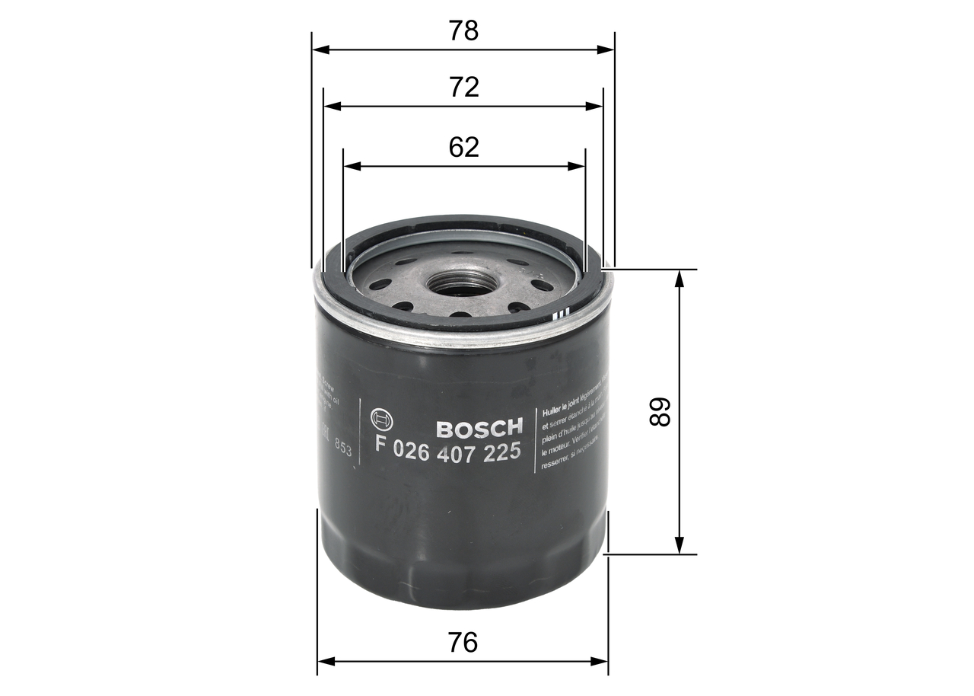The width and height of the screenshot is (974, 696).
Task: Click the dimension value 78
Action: (x=463, y=31)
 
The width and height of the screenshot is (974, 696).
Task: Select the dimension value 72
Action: (x=463, y=88)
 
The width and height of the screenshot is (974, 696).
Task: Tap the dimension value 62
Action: (x=463, y=147)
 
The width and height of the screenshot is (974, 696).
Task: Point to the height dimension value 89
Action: (x=660, y=412)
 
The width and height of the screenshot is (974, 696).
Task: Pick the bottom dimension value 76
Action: (x=463, y=643)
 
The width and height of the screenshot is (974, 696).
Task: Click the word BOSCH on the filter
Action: (x=479, y=426)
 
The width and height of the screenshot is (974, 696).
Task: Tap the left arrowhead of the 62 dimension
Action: (x=351, y=165)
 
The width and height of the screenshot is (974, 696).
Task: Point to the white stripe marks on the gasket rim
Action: (x=562, y=314)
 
